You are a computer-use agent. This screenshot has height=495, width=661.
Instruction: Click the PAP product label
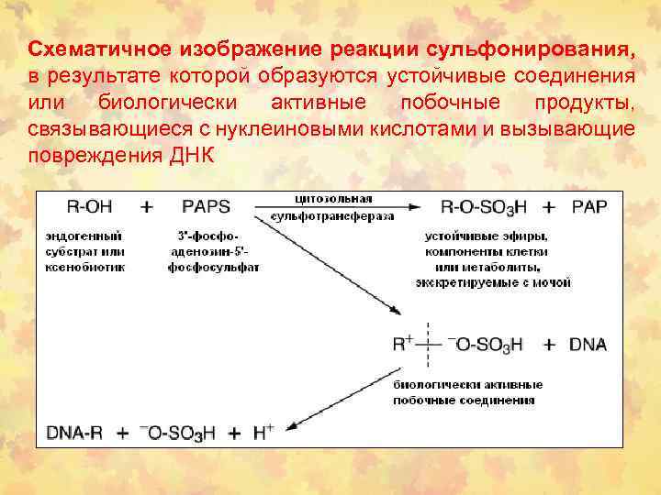click(589, 207)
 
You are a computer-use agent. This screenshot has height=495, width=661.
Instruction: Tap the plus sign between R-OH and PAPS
click(146, 207)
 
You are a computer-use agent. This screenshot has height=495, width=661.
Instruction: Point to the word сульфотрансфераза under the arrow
click(332, 217)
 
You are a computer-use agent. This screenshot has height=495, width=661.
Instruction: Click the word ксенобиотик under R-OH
click(85, 268)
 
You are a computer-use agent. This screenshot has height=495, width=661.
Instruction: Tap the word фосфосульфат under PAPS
click(213, 268)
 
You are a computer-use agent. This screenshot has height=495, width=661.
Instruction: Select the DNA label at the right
click(588, 346)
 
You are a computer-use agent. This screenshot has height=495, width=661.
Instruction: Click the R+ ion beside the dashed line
click(403, 345)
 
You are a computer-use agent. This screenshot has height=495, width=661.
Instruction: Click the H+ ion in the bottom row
click(263, 432)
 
